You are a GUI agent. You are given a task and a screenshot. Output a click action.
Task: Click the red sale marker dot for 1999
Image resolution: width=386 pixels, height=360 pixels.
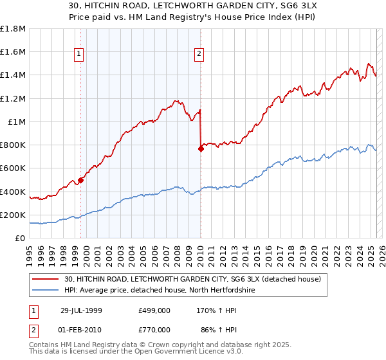click(x=81, y=180)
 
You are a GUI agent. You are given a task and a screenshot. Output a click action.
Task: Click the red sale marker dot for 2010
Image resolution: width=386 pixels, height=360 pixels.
click(x=201, y=148)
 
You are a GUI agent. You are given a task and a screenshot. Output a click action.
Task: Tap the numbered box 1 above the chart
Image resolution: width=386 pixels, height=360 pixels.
click(x=78, y=55)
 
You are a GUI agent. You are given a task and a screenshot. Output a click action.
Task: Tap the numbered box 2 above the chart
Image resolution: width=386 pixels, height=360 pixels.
click(x=199, y=55)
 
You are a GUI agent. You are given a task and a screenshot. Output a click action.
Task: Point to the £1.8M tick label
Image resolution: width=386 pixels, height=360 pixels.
click(x=13, y=29)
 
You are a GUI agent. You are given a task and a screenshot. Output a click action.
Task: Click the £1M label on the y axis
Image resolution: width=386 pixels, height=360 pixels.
click(x=17, y=122)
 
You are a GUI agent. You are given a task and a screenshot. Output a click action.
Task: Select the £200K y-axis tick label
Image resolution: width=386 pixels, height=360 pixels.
click(x=13, y=215)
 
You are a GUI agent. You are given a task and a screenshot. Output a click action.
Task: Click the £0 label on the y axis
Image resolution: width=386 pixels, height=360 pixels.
click(x=21, y=239)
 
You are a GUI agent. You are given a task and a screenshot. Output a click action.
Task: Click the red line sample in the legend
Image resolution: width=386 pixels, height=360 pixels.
click(x=46, y=278)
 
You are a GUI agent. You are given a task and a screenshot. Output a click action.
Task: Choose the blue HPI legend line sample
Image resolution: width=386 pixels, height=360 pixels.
click(x=46, y=289)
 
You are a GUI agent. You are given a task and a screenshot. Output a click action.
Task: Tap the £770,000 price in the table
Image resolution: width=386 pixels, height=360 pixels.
click(x=154, y=329)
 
